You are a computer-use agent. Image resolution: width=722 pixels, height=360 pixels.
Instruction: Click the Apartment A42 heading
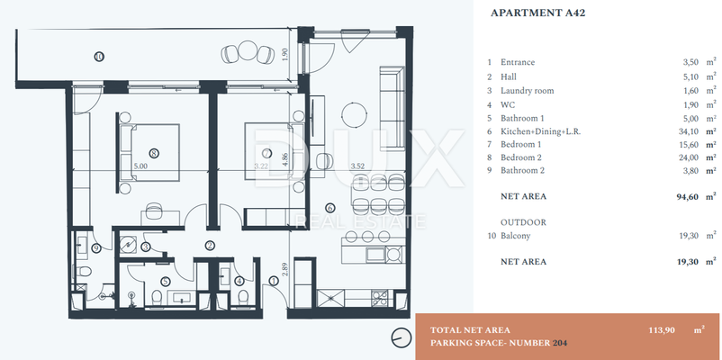pos(537,13)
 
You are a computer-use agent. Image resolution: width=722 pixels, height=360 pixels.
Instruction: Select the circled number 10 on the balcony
pos(99,57)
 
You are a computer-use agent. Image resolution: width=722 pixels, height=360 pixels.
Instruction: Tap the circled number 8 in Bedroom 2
pos(154,154)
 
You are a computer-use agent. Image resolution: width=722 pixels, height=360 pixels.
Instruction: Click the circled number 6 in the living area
pos(329,208)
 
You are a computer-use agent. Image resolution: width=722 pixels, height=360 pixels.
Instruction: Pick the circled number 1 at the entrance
pos(274,280)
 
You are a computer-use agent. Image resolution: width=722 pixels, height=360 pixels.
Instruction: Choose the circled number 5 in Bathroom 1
pos(166,281)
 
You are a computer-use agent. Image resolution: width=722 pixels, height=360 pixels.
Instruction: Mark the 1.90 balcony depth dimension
pos(285,56)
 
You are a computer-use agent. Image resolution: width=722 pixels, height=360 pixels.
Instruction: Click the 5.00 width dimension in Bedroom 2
pos(140,166)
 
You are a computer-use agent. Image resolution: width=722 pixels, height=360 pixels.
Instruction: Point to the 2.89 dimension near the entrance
pos(285,269)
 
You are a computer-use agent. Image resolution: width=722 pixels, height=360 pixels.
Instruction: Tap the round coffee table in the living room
pos(354,112)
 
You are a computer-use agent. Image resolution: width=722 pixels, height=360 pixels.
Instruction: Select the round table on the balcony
pos(248,50)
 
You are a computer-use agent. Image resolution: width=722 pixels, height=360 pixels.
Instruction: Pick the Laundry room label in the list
pos(528,91)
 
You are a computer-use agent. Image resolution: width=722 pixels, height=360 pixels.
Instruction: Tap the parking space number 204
pos(560,343)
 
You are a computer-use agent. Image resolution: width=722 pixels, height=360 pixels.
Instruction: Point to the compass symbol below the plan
pos(401,337)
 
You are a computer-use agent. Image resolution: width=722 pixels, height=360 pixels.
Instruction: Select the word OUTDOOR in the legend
pos(523,222)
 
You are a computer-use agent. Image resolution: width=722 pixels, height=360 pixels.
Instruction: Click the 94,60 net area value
pos(686,196)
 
